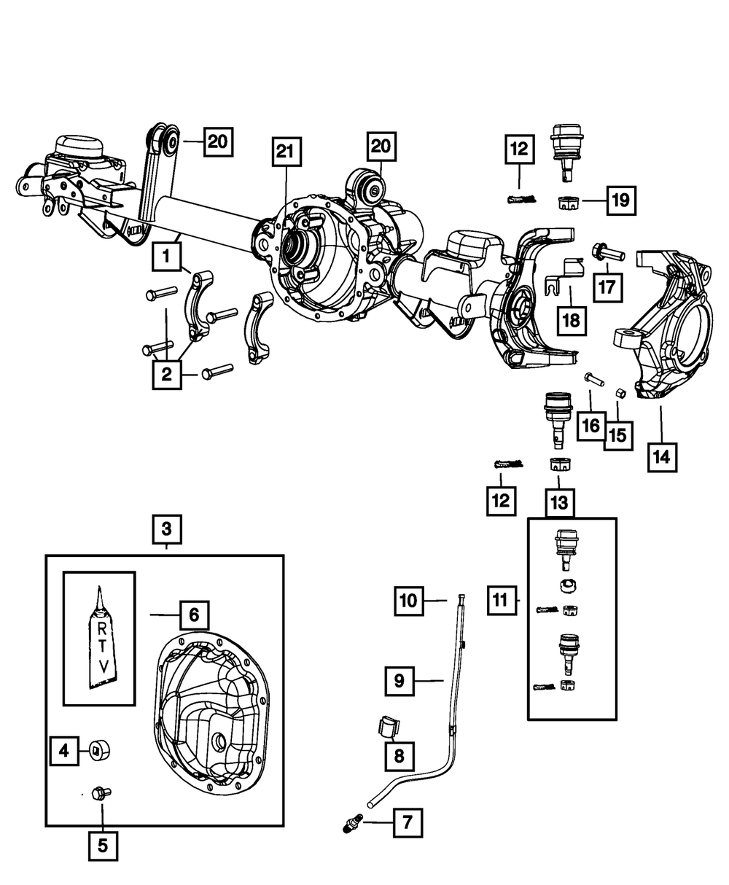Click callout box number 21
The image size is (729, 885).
coord(286,152)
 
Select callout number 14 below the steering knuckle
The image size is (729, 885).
coord(661,456)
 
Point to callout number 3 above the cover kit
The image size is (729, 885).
coord(167,527)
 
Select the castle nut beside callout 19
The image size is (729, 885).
coord(567,202)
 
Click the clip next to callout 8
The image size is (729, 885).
coord(391,726)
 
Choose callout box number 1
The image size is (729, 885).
coord(167,257)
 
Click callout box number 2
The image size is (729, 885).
coord(167,375)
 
